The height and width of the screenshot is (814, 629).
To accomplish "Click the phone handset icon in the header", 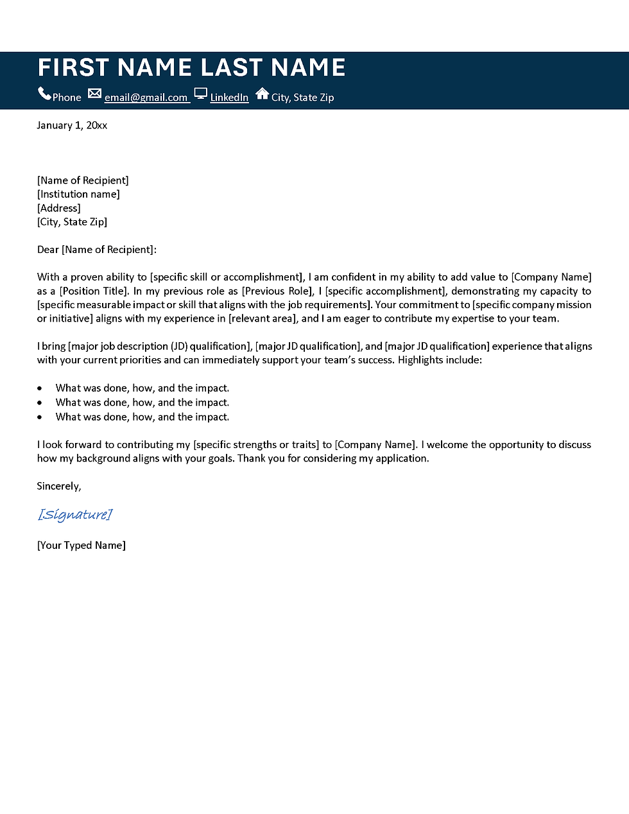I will pos(44,94).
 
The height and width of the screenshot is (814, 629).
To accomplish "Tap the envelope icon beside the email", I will pos(94,94).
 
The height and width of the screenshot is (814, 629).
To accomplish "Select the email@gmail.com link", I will pos(146,98).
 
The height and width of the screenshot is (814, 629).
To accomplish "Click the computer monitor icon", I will pos(201,94).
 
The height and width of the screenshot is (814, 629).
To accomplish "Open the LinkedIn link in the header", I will pos(229,98).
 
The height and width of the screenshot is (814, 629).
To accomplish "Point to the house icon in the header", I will pos(262,94).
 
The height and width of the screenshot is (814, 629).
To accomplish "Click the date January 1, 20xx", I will pos(72,125).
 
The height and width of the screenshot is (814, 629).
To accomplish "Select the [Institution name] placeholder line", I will pos(78,194).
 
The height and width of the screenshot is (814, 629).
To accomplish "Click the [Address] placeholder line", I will pos(59,208).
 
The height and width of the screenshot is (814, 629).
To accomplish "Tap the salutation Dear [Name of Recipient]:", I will pos(97,249).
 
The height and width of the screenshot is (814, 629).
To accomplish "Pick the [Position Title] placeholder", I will pos(94,291).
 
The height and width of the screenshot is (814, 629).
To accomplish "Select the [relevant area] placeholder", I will pos(263,318).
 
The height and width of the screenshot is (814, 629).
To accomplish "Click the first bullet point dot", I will pos(40,388).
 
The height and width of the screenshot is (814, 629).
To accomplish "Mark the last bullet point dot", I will pos(40,417).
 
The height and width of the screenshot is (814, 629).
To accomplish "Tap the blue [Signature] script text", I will pos(75,514).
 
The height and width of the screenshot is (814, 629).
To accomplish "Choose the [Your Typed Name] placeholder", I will pos(82,545).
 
